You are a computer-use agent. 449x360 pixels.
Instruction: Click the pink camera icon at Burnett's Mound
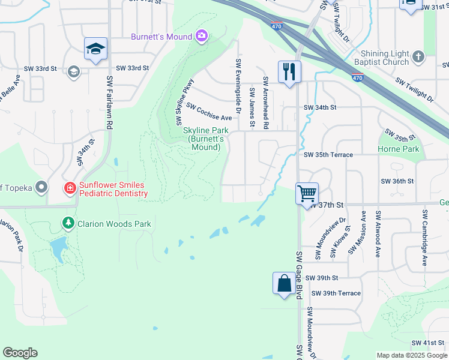[x=201, y=37]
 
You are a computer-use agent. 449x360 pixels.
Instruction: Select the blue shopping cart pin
[x=307, y=194]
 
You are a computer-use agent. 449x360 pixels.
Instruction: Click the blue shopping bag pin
[x=283, y=283]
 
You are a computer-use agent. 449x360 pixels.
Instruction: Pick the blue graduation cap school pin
[x=96, y=49]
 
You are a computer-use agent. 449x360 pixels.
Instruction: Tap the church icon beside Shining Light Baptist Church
[x=418, y=58]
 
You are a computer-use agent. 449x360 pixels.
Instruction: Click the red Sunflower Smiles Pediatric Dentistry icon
[x=70, y=188]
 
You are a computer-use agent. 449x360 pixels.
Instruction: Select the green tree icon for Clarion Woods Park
[x=68, y=224]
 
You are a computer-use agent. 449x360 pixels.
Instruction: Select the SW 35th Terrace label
[x=328, y=155]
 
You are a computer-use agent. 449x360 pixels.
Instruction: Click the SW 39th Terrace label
[x=336, y=293]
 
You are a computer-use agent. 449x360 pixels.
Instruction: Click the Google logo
[x=20, y=353]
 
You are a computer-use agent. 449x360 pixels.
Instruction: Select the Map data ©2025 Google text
[x=411, y=355]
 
